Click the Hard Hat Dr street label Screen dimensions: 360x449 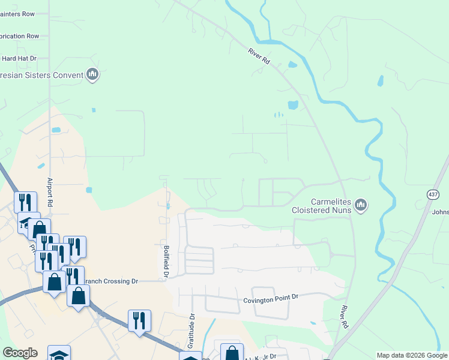(19, 58)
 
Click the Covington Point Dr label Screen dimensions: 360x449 (270, 298)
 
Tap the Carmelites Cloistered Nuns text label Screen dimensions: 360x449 (329, 206)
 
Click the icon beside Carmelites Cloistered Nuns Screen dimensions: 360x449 (361, 206)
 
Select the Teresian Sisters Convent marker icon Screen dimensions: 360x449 (92, 75)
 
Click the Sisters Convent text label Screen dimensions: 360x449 (42, 76)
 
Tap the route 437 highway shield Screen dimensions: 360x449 (433, 194)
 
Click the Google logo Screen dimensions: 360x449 (20, 353)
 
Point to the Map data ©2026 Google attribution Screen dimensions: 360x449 (412, 355)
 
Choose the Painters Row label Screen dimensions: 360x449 (19, 14)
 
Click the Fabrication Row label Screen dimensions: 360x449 (19, 36)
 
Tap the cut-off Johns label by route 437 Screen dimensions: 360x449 (440, 212)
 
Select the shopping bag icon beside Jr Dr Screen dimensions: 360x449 (232, 353)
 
